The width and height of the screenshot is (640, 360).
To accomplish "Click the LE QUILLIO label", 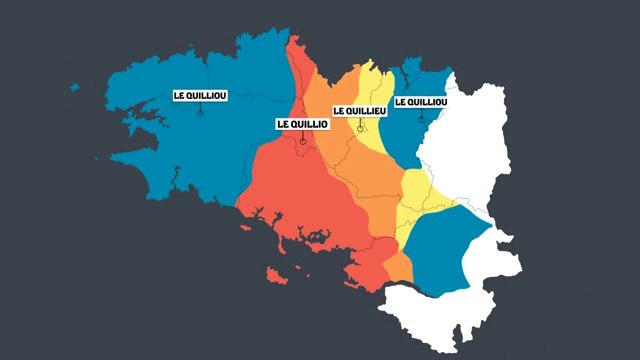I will pyautogui.click(x=301, y=123).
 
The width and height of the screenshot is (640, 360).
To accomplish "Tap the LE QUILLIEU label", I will pyautogui.click(x=359, y=111).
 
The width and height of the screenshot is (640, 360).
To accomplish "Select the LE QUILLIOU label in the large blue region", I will pyautogui.click(x=200, y=95).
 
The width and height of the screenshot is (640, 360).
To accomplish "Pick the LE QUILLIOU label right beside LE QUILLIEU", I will pyautogui.click(x=421, y=102).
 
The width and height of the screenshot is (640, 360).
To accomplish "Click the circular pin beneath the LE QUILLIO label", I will pyautogui.click(x=302, y=142).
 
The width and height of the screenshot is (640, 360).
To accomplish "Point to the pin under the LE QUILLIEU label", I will pyautogui.click(x=360, y=128).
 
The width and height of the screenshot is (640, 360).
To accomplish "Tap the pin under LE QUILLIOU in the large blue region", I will pyautogui.click(x=200, y=112).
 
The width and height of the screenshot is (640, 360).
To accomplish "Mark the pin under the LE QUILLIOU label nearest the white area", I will pyautogui.click(x=421, y=119).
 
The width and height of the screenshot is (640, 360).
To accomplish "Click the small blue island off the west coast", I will pyautogui.click(x=74, y=87).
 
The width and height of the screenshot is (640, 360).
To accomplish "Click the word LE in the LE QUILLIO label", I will pyautogui.click(x=283, y=123).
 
